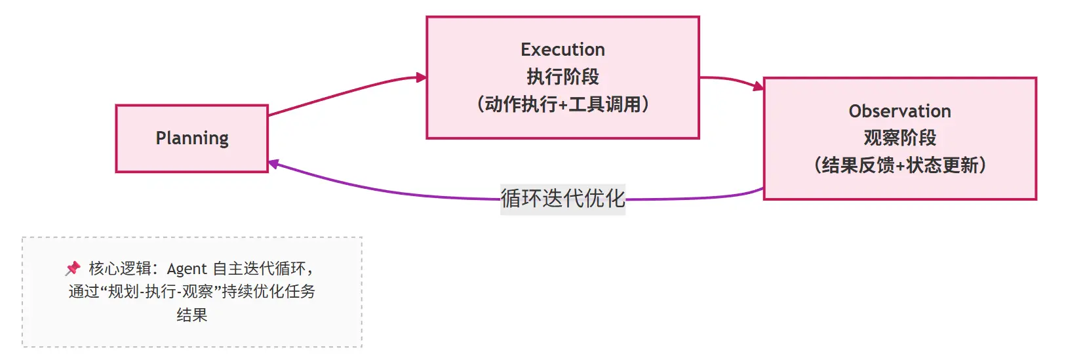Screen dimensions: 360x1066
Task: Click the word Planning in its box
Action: coord(192,138)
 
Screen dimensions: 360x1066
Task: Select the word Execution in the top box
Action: coord(563,50)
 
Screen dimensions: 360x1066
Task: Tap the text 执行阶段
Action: coord(563,77)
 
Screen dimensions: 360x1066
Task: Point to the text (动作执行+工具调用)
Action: coord(563,104)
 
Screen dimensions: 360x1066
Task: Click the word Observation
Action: coord(899,111)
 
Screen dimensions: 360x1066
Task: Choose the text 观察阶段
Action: coord(899,138)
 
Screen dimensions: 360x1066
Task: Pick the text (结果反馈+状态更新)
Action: coord(899,165)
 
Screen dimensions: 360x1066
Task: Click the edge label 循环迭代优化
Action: coord(563,199)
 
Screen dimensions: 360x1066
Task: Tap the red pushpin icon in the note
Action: coord(73,268)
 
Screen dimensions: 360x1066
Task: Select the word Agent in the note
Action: coord(187,269)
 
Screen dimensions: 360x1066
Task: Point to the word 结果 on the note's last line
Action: coord(192,315)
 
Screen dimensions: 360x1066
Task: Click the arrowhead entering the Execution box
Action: coord(422,77)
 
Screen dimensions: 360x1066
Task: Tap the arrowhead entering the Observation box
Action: coord(759,86)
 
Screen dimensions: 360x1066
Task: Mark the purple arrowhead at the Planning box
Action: coord(274,164)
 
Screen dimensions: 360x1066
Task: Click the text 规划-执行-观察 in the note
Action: coord(160,292)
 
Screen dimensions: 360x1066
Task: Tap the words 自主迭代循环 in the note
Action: coord(259,269)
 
